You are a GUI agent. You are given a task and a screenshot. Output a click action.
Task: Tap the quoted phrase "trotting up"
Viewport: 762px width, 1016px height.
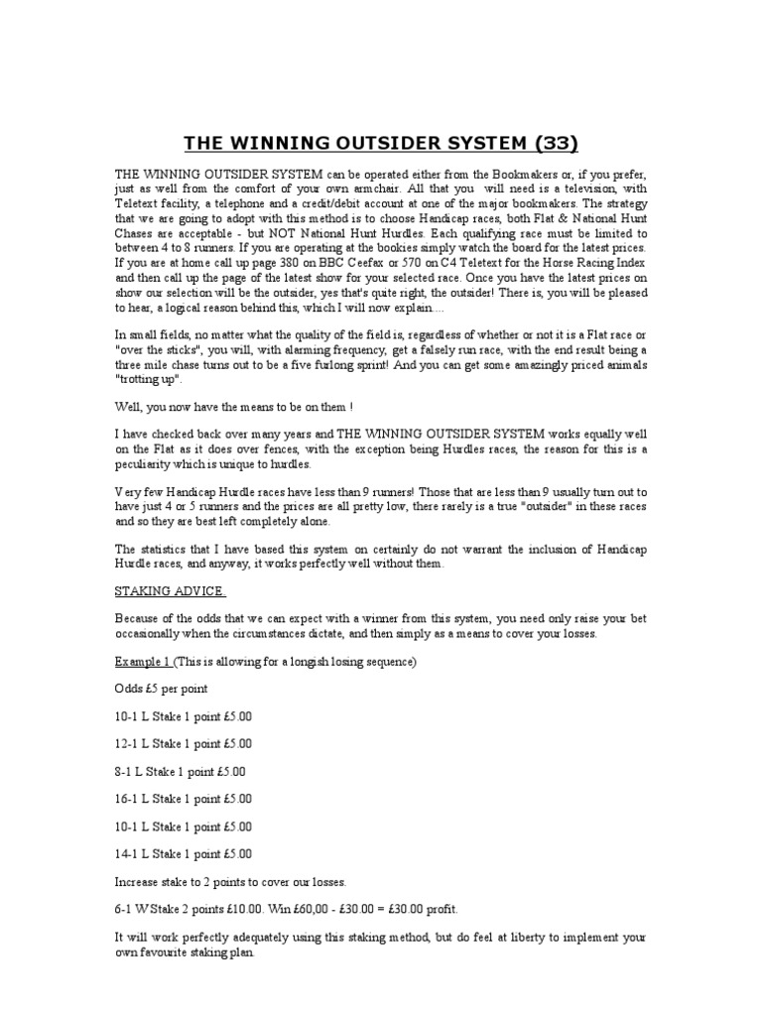pos(151,380)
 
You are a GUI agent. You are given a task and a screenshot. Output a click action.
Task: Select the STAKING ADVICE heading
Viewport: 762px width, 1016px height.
pos(171,591)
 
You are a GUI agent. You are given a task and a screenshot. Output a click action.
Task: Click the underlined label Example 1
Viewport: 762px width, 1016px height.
pos(145,660)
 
